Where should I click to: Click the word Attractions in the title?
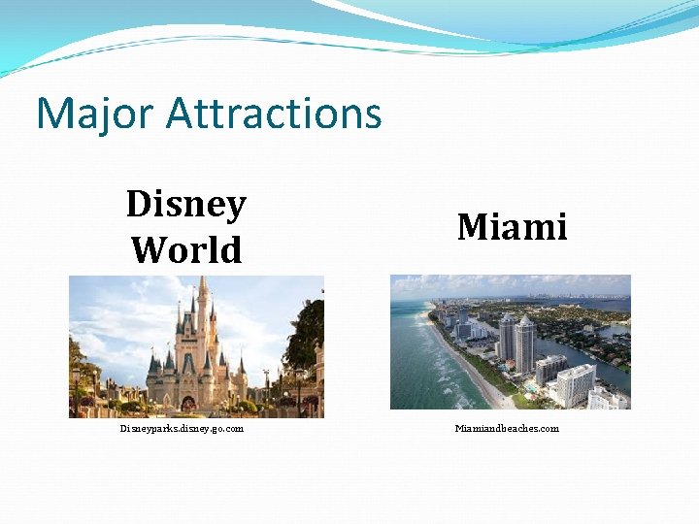pyautogui.click(x=274, y=114)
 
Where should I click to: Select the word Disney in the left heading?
pyautogui.click(x=186, y=205)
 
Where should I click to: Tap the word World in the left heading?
pyautogui.click(x=186, y=250)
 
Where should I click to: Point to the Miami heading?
pyautogui.click(x=512, y=227)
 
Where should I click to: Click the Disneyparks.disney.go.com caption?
pyautogui.click(x=182, y=428)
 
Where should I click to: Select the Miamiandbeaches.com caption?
pyautogui.click(x=508, y=428)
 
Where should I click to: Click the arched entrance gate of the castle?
pyautogui.click(x=188, y=400)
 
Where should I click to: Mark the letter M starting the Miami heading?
pyautogui.click(x=472, y=227)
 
